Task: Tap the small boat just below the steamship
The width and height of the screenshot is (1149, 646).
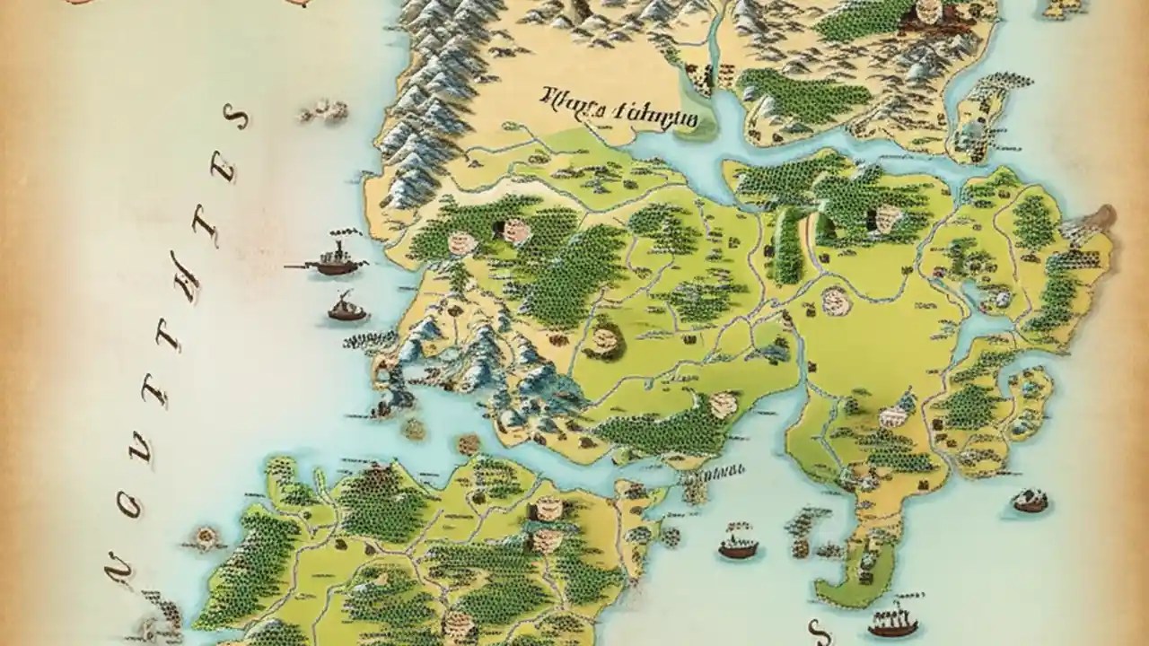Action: pos(346,310)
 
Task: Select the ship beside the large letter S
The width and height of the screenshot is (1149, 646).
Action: pos(893,619)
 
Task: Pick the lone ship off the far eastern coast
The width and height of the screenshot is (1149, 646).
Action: pos(1031,501)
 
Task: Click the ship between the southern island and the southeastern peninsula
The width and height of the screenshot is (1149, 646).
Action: pos(738,544)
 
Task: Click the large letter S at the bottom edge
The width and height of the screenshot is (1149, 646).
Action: pos(815,630)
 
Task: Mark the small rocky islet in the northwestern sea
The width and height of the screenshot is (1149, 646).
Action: pos(325,111)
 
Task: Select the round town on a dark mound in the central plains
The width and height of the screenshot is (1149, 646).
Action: pos(605,340)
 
